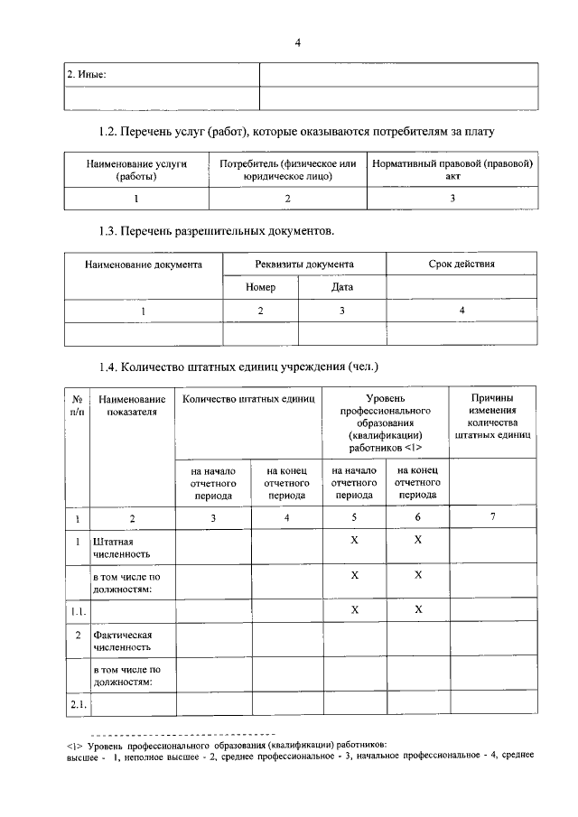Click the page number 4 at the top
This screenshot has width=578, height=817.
click(x=297, y=42)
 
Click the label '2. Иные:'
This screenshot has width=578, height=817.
click(x=88, y=75)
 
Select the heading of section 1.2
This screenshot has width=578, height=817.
click(x=296, y=133)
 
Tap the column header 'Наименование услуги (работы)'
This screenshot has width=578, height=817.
click(x=135, y=171)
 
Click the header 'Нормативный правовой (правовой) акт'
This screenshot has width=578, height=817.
click(x=452, y=171)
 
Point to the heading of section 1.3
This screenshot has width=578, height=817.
click(x=216, y=231)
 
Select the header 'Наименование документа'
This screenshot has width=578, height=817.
click(x=143, y=265)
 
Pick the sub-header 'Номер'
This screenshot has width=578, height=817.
click(x=260, y=287)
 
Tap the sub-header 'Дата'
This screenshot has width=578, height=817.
click(x=341, y=287)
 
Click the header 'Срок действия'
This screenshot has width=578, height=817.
click(x=461, y=265)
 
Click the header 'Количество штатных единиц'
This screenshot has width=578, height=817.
click(x=248, y=398)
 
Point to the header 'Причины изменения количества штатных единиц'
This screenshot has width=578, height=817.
click(x=492, y=416)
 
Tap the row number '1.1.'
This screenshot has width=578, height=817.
click(x=78, y=610)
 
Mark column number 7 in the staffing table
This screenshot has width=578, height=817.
click(x=492, y=517)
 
